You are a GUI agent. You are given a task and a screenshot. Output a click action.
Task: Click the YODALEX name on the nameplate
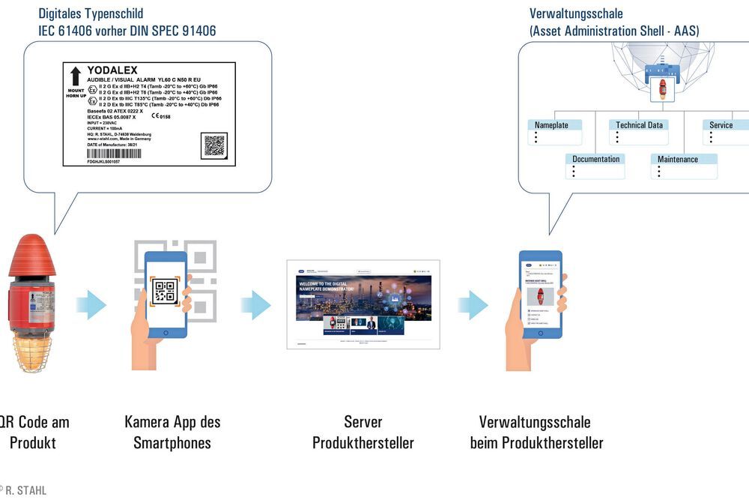(112, 70)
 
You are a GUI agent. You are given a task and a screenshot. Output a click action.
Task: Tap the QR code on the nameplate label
(214, 145)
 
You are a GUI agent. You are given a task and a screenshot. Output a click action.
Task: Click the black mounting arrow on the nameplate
(75, 76)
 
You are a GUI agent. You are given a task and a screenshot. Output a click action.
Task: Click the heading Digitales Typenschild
(91, 13)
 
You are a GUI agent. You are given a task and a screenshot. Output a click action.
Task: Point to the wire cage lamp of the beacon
(31, 351)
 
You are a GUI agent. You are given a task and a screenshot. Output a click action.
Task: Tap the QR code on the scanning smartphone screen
(165, 292)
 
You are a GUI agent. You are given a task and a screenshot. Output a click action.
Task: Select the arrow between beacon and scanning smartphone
(92, 304)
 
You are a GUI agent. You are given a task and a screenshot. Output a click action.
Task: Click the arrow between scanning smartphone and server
(256, 304)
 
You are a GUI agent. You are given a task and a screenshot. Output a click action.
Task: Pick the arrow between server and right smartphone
(473, 304)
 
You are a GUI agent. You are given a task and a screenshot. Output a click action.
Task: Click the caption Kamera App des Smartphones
(172, 432)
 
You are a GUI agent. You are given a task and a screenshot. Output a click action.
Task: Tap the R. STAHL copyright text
(24, 490)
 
